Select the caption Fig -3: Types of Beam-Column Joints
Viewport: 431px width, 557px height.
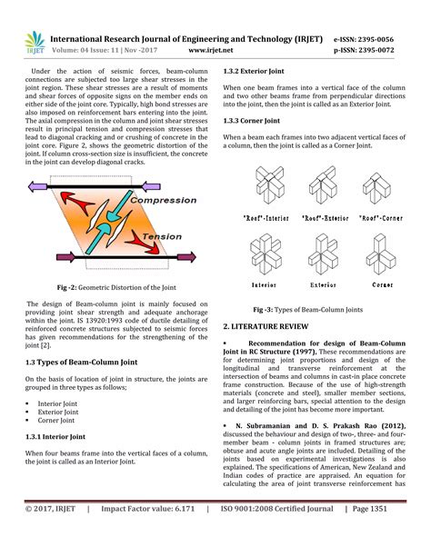pyautogui.click(x=316, y=308)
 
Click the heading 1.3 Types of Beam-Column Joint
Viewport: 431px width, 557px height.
pyautogui.click(x=77, y=362)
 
